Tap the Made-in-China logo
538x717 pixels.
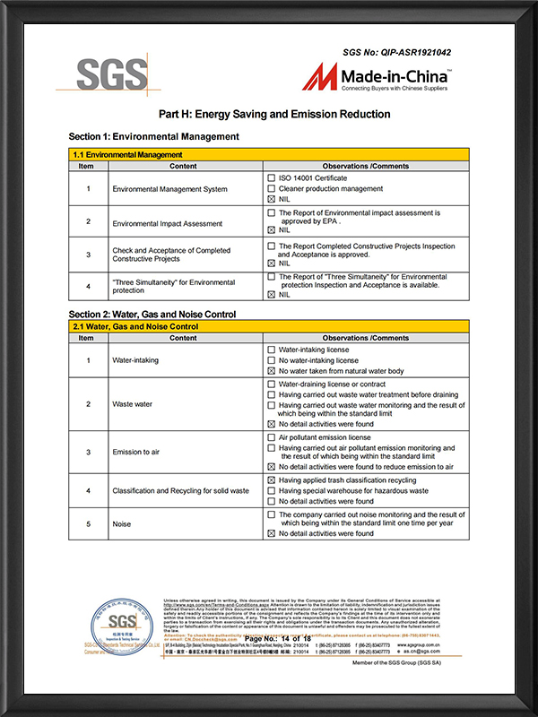click(x=377, y=78)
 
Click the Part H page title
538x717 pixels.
click(x=274, y=115)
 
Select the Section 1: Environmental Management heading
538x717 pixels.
click(x=153, y=136)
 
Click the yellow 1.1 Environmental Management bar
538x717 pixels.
click(x=268, y=155)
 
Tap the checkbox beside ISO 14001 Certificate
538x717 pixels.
click(x=272, y=178)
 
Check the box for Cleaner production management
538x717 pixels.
click(x=272, y=188)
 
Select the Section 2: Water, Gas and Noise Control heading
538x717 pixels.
click(x=152, y=315)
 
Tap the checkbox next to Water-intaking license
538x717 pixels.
click(x=272, y=350)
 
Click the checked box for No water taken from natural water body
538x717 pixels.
click(x=272, y=370)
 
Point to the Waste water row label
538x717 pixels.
click(x=132, y=404)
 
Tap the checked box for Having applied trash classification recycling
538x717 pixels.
click(x=272, y=480)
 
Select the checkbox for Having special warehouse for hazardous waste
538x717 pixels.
click(x=272, y=490)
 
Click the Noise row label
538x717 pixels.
click(x=121, y=524)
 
